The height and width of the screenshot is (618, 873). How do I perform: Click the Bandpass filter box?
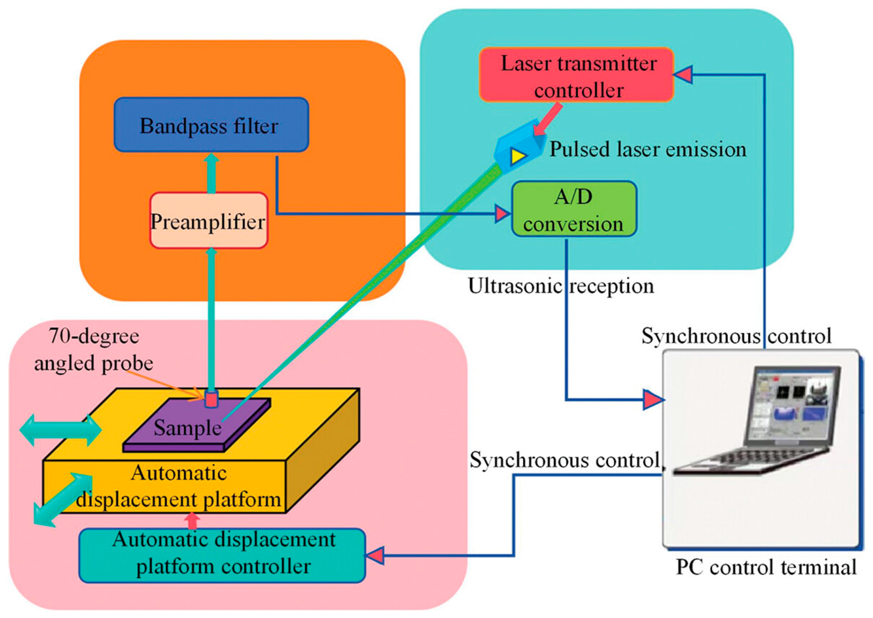pos(211,125)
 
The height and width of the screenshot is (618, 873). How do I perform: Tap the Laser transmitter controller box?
pos(576,75)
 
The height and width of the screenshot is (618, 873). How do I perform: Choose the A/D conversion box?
pos(574,209)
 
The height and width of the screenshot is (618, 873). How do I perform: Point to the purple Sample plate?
pos(197,425)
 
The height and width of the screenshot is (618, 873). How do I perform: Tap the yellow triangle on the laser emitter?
pos(518,156)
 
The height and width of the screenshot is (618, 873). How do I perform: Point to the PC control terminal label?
pos(766,567)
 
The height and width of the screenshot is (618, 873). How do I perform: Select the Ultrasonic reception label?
pos(561,286)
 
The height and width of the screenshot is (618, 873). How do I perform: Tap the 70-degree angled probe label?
pos(94,350)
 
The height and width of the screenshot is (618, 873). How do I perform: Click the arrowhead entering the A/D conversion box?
pos(503,214)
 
